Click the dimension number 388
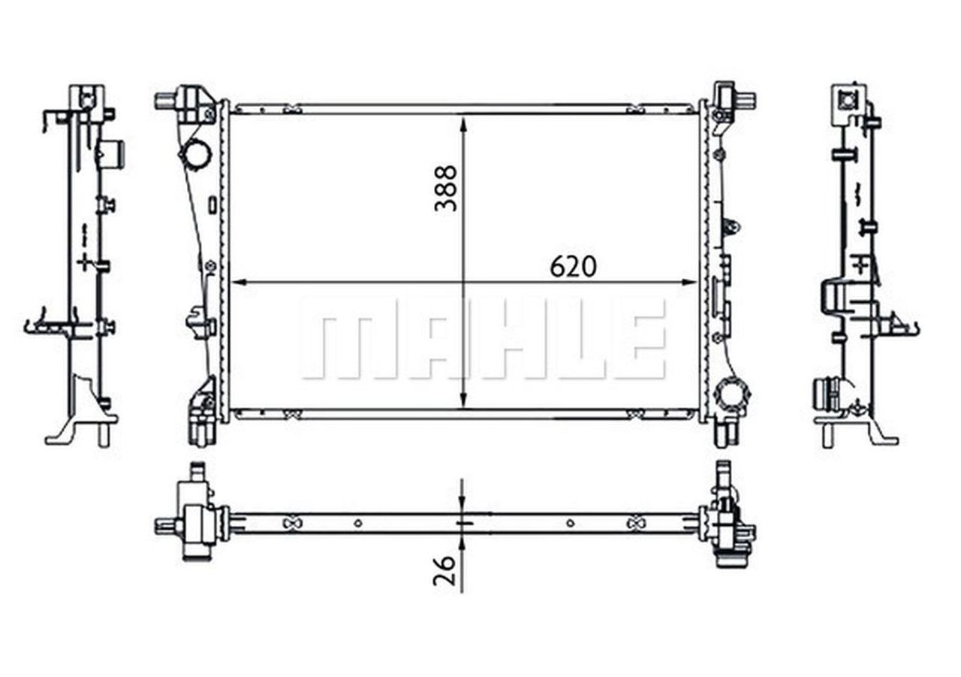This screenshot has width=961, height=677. coord(445,188)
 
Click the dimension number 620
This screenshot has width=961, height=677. coord(573,266)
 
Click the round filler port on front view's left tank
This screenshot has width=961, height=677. coord(195,155)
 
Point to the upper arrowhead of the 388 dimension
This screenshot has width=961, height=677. coord(464,122)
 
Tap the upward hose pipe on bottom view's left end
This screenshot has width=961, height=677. coord(198,474)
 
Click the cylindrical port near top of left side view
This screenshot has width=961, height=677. coord(113,153)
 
